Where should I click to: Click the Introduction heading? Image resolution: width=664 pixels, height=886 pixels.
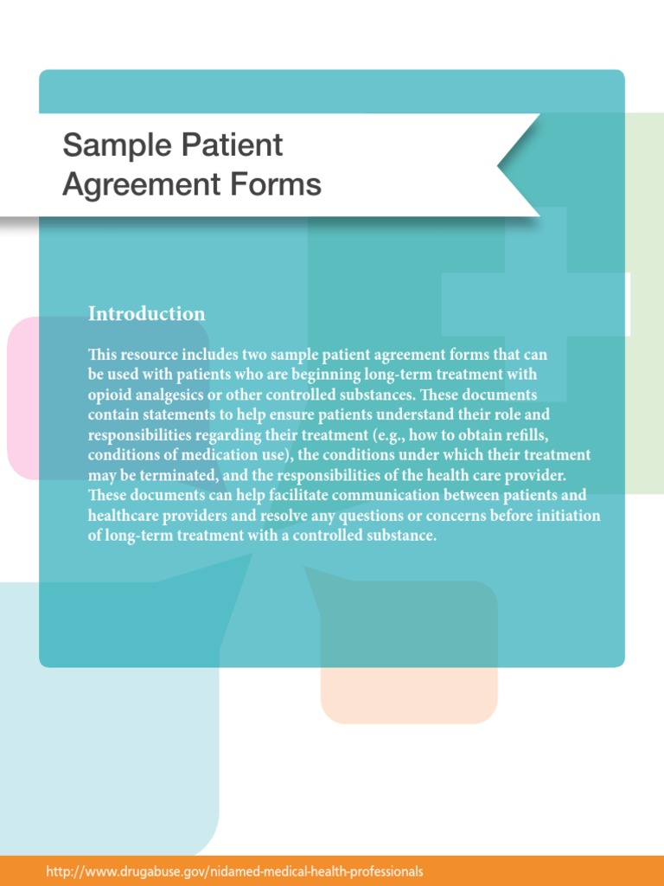click(147, 314)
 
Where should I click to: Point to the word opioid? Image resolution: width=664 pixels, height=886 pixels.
click(110, 395)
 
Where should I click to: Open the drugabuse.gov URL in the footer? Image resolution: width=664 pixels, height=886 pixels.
click(235, 871)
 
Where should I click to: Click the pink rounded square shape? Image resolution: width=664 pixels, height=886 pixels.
click(26, 398)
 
